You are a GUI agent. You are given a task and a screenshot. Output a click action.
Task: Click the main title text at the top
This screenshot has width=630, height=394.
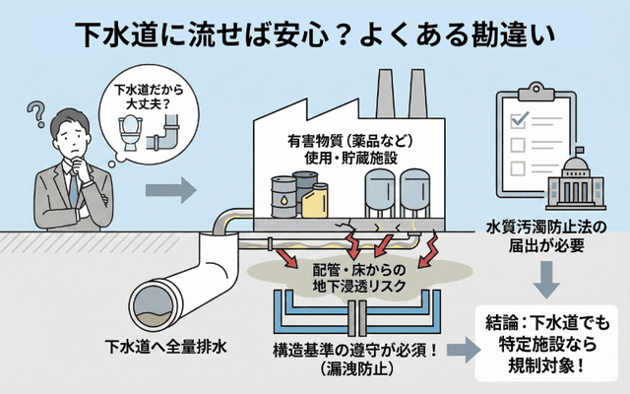tap(315, 33)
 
